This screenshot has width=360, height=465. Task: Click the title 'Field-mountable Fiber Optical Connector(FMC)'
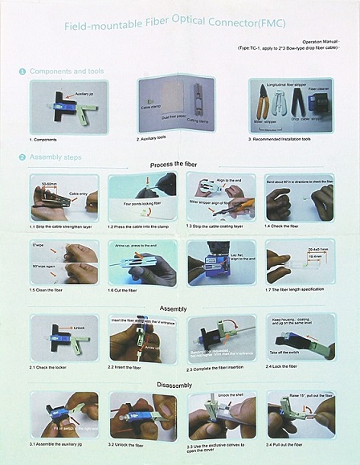pyautogui.click(x=179, y=26)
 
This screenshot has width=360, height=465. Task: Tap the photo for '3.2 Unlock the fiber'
pyautogui.click(x=143, y=414)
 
